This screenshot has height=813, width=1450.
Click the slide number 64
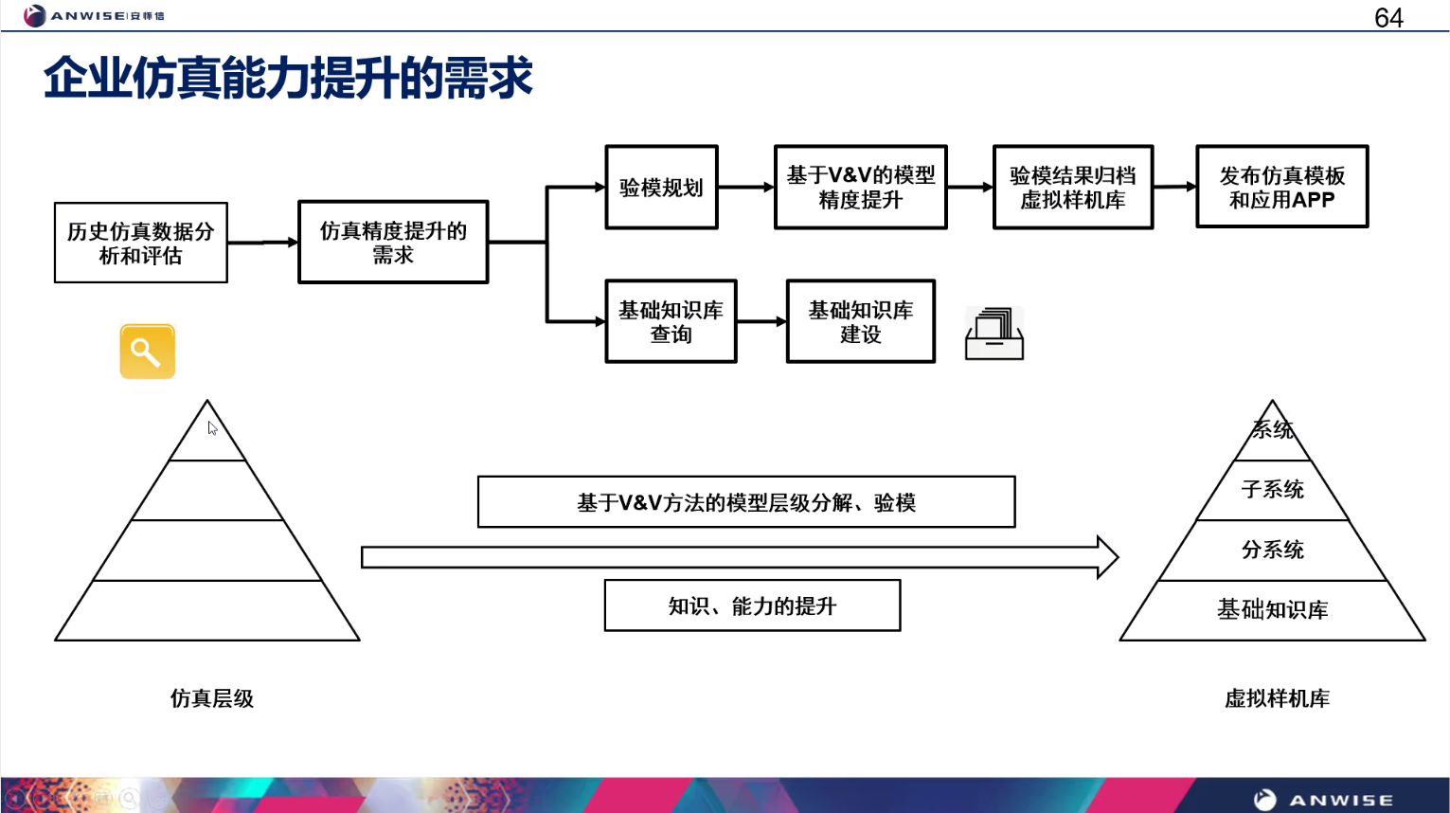click(x=1387, y=18)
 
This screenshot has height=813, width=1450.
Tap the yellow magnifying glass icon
click(x=147, y=352)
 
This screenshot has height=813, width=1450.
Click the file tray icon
click(x=994, y=334)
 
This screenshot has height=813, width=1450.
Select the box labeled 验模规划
click(x=661, y=188)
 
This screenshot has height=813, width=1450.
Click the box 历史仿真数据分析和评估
click(x=141, y=244)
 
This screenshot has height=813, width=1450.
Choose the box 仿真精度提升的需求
click(x=393, y=243)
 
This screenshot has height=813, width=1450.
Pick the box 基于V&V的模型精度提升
click(x=860, y=188)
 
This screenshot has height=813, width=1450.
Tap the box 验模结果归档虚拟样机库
click(x=1072, y=188)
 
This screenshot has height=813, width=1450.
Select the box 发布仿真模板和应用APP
click(x=1281, y=188)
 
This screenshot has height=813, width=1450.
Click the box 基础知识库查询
click(x=671, y=322)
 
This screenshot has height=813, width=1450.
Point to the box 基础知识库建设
click(x=860, y=322)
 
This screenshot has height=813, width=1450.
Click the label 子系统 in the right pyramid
click(x=1272, y=490)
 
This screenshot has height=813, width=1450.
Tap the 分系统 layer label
click(x=1272, y=550)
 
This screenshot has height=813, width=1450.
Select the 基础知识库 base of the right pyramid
click(x=1272, y=610)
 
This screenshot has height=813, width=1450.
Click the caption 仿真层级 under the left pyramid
click(x=212, y=698)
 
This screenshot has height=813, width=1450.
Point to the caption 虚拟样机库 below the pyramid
click(x=1277, y=698)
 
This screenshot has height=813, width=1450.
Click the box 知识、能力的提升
click(x=752, y=606)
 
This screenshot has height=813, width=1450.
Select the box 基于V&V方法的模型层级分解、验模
click(x=746, y=502)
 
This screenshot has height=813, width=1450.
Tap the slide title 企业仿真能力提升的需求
click(x=288, y=78)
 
